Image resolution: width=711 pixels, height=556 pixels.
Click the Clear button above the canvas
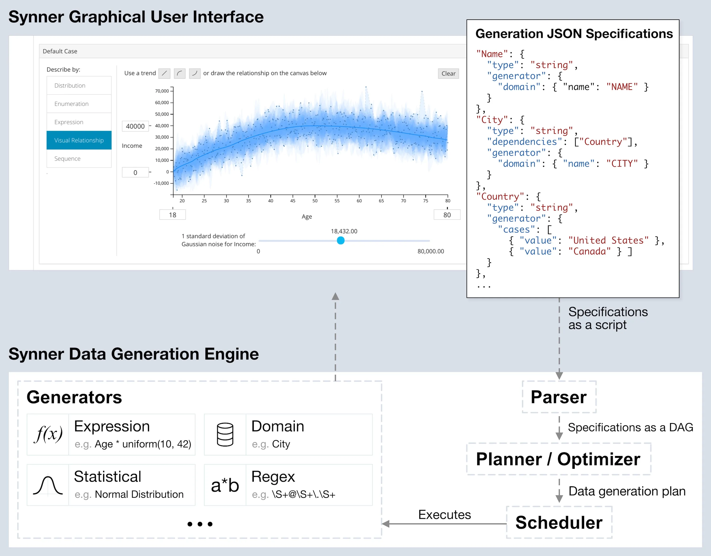pyautogui.click(x=448, y=73)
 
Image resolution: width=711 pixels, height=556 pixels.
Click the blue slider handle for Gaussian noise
pyautogui.click(x=341, y=241)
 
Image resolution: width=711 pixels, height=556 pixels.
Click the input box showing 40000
pyautogui.click(x=135, y=126)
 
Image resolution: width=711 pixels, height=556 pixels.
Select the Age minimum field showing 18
pyautogui.click(x=173, y=215)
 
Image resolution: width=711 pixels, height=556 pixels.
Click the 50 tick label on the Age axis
pyautogui.click(x=315, y=201)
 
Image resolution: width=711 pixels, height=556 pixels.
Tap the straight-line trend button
pyautogui.click(x=164, y=73)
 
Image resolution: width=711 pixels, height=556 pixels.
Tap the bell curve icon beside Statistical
pyautogui.click(x=48, y=485)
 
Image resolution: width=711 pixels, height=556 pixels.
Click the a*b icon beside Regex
pyautogui.click(x=225, y=485)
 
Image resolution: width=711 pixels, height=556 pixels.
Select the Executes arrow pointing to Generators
pyautogui.click(x=444, y=524)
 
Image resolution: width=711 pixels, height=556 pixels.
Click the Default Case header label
pyautogui.click(x=60, y=51)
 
